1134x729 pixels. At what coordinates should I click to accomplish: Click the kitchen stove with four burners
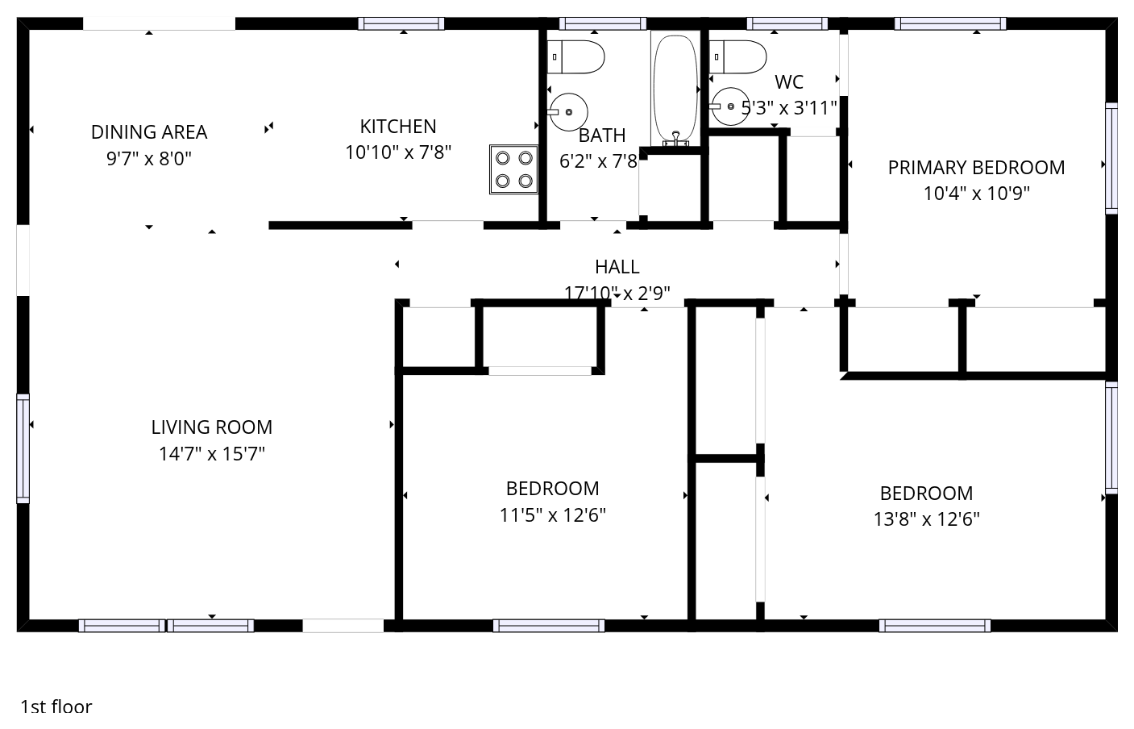tap(513, 169)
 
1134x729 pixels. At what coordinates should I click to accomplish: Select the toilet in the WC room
tap(737, 56)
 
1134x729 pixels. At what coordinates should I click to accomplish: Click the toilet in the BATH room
tap(575, 56)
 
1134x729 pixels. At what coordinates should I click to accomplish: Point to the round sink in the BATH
tap(568, 112)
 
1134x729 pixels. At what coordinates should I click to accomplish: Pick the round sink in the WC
tap(730, 106)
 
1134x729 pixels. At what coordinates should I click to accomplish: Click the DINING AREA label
tap(149, 132)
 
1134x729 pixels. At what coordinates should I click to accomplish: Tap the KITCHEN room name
tap(398, 127)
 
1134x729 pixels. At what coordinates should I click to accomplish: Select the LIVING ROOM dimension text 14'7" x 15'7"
tap(212, 453)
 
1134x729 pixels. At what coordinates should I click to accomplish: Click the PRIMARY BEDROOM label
tap(976, 168)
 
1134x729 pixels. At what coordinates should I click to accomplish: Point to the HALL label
tap(617, 267)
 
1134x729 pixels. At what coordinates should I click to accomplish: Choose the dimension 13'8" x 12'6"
tap(926, 519)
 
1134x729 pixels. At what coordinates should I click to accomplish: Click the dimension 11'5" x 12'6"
tap(552, 515)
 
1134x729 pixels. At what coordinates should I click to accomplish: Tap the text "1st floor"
tap(56, 706)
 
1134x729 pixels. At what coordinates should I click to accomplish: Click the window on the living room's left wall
tap(23, 448)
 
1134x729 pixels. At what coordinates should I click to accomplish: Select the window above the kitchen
tap(401, 24)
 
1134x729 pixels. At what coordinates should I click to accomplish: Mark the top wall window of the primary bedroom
tap(949, 24)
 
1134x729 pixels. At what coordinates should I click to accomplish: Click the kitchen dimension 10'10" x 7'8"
tap(398, 152)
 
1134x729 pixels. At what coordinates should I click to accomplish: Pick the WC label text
tap(789, 82)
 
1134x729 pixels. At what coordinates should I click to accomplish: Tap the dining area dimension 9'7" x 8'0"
tap(149, 159)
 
